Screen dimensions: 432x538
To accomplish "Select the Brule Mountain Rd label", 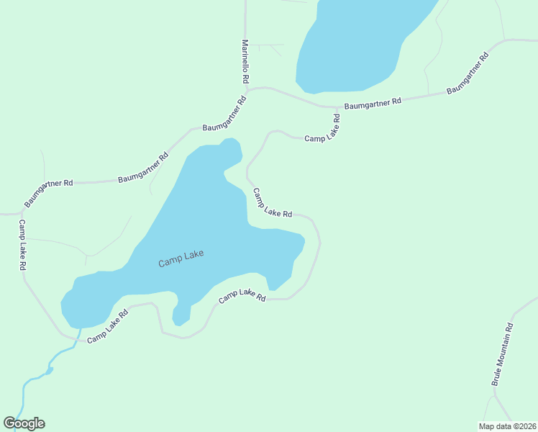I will (x=503, y=354).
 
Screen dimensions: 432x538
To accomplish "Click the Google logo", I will (x=24, y=423).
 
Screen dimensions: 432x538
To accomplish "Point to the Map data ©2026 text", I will (x=508, y=426).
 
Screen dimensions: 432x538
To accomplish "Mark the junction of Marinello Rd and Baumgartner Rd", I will (x=247, y=91).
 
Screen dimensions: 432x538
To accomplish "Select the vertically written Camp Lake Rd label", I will (x=22, y=245).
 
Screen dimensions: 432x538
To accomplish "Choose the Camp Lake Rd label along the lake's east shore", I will (x=272, y=204).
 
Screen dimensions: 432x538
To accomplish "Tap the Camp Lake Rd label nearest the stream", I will (x=108, y=326).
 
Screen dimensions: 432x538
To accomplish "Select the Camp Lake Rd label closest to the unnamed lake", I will (x=322, y=127).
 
